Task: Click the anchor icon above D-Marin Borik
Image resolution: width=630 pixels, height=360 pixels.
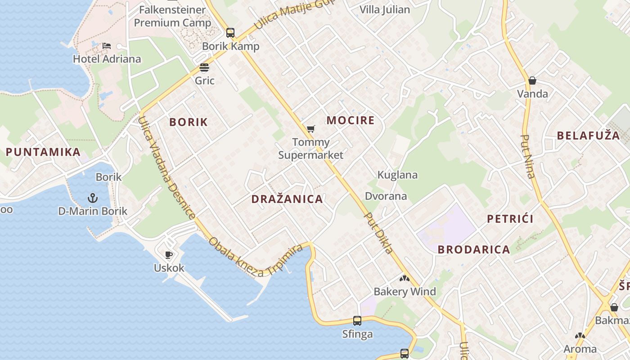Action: (92, 198)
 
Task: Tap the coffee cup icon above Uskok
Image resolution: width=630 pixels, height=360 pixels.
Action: (169, 255)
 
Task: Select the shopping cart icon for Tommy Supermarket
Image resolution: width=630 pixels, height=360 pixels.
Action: (310, 130)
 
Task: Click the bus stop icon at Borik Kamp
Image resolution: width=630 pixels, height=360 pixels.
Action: (230, 33)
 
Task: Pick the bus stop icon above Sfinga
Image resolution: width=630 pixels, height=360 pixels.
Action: (357, 321)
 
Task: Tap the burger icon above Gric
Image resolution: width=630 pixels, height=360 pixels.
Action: (204, 68)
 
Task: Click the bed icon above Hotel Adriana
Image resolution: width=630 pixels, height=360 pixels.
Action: (107, 46)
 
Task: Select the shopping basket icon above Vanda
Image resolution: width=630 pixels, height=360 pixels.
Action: (532, 81)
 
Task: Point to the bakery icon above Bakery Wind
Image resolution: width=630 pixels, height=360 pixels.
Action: (405, 279)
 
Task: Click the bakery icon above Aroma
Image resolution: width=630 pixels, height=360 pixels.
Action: (580, 336)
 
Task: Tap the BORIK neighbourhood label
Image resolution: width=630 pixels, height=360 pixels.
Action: (189, 122)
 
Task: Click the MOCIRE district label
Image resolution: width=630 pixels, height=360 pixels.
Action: (351, 121)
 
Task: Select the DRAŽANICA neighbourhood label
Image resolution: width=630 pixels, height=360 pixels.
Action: (287, 199)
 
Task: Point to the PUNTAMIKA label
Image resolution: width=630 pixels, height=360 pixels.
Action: (43, 152)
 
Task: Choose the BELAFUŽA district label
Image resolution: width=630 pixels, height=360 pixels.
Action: (588, 136)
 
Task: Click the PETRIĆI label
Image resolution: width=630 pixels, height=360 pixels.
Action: (510, 219)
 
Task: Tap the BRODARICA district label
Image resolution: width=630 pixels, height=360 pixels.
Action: (474, 250)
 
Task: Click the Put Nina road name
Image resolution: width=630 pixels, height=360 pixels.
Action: (528, 157)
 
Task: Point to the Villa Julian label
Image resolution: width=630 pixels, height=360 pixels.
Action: (385, 10)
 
